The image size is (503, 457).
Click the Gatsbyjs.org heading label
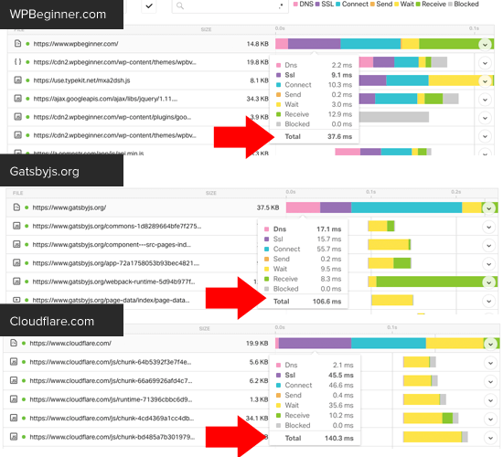45,171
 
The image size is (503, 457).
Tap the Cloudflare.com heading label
52,321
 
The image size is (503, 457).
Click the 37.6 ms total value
339,162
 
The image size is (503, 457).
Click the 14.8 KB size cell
257,43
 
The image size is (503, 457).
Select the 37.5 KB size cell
267,207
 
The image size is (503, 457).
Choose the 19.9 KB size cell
257,344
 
